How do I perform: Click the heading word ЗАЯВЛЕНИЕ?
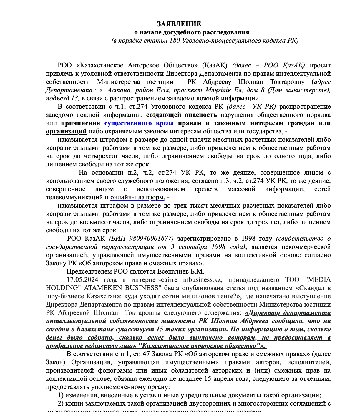point(179,24)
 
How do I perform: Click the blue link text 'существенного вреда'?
point(139,123)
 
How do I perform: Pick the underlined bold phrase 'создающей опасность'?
point(181,115)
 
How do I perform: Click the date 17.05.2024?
point(82,280)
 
